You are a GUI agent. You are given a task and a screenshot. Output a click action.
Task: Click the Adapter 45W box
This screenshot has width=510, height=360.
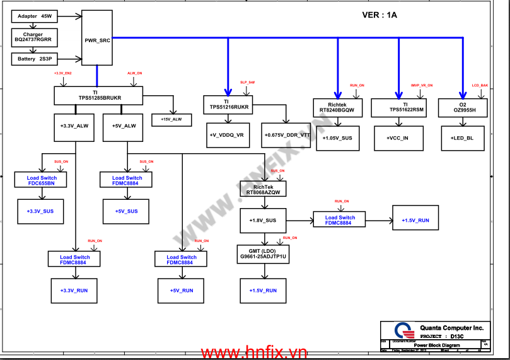tap(35, 15)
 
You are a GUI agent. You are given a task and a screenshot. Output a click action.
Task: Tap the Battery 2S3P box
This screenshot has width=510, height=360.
tap(35, 59)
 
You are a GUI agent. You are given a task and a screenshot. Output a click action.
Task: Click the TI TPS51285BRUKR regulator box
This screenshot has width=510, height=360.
tap(100, 95)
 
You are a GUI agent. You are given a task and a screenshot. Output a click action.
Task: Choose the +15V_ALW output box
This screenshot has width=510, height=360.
tap(171, 119)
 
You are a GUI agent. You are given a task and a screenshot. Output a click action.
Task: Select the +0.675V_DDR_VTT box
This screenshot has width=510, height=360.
tap(287, 135)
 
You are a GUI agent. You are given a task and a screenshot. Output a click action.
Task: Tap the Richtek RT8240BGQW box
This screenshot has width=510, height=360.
tap(337, 107)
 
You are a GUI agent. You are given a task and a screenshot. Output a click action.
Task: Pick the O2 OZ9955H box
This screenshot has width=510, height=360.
tap(463, 107)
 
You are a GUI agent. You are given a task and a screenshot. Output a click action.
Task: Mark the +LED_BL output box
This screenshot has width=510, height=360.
tap(462, 138)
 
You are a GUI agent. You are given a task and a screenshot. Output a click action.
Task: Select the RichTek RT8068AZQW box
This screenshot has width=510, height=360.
tap(263, 190)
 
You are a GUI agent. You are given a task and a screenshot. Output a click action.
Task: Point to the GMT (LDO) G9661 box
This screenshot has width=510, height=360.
tap(263, 254)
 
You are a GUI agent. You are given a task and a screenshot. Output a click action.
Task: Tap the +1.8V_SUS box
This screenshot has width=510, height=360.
tap(263, 221)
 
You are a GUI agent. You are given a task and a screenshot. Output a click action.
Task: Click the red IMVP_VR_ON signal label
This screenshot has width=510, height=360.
tap(422, 84)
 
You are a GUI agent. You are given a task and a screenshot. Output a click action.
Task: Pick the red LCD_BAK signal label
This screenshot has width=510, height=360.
tap(480, 84)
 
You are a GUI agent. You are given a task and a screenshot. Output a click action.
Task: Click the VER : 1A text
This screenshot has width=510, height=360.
tap(380, 16)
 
